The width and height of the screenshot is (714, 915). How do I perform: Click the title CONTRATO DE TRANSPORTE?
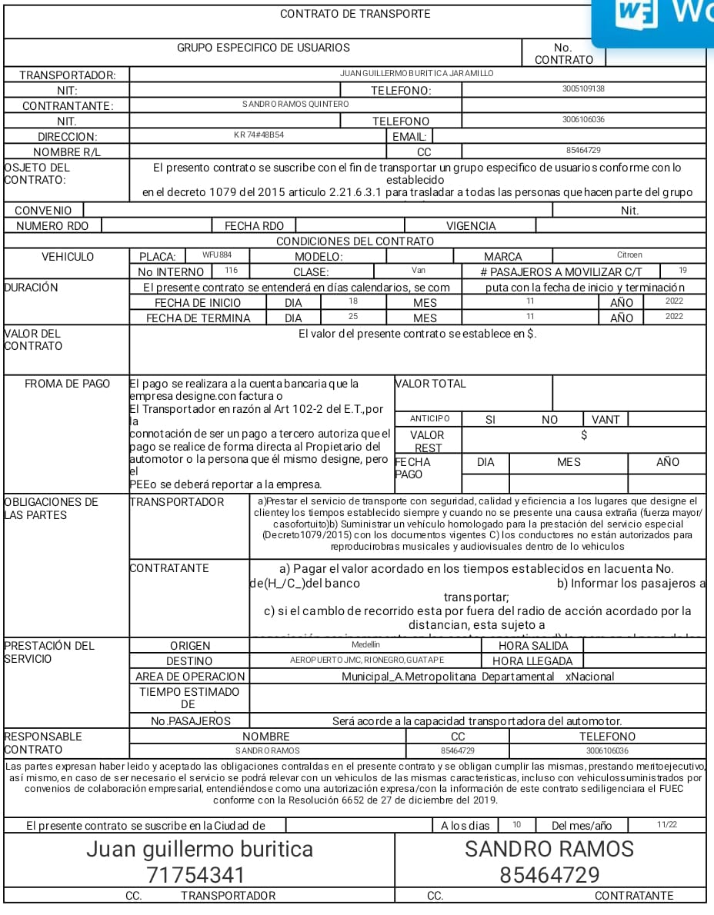[355, 14]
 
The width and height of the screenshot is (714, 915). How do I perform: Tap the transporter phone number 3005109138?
[583, 89]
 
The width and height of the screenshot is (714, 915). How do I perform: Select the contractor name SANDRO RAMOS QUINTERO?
[295, 105]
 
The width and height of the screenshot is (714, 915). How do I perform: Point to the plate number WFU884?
[216, 255]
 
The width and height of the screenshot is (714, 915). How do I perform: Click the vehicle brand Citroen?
[629, 255]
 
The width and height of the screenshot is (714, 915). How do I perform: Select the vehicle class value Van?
[418, 271]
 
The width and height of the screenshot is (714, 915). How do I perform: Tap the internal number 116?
[231, 271]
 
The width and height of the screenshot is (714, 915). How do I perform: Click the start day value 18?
[353, 301]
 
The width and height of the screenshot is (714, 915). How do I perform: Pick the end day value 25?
[353, 317]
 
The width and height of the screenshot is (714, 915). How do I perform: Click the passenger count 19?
[683, 271]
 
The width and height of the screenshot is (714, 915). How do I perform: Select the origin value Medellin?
[365, 645]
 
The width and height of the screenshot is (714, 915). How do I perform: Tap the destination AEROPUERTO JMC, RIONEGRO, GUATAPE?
[366, 660]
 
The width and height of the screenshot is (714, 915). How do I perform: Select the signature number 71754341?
[196, 875]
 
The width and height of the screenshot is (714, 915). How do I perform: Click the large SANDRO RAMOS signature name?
[549, 849]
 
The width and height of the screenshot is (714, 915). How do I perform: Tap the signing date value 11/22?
[666, 825]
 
